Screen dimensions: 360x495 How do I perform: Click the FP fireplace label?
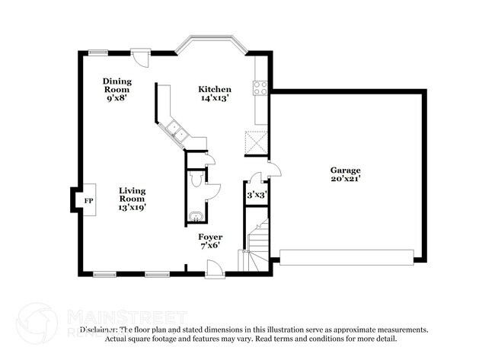(x=88, y=200)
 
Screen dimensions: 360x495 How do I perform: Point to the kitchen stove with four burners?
(x=260, y=88)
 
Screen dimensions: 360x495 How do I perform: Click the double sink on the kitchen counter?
(x=179, y=132)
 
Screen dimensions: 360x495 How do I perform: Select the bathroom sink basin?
(x=195, y=217)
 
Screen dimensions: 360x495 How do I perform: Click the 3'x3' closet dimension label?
(x=257, y=194)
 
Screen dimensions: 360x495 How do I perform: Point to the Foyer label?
(x=209, y=237)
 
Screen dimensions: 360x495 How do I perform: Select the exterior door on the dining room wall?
(x=139, y=56)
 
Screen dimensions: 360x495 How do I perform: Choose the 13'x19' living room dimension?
(x=132, y=206)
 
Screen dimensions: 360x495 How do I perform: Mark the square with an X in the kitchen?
(x=255, y=142)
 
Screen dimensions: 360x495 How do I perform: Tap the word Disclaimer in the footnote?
(x=101, y=330)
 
